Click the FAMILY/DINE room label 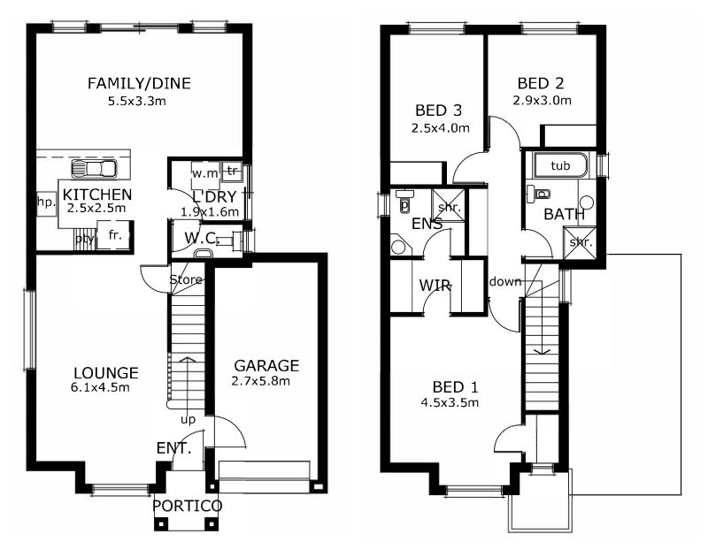(139, 83)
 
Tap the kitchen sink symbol (94, 169)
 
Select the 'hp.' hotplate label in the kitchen (46, 202)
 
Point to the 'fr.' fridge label (115, 234)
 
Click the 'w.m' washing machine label (205, 173)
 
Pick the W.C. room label (203, 238)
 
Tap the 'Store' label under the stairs (186, 279)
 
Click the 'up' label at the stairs (188, 420)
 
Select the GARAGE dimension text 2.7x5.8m (260, 381)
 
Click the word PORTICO (187, 506)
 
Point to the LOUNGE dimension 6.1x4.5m (100, 387)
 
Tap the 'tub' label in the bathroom (560, 165)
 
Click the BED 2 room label (541, 83)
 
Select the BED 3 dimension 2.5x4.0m (440, 128)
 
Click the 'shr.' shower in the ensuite (450, 207)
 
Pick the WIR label (435, 286)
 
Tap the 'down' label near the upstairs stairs (504, 281)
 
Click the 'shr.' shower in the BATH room (581, 242)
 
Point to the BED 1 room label (455, 387)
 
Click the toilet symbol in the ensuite (404, 200)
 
